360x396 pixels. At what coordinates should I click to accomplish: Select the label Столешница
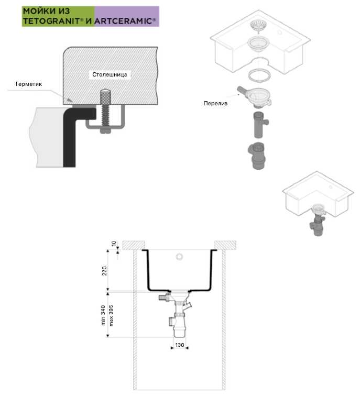pos(110,74)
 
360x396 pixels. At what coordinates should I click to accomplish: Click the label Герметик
pos(28,84)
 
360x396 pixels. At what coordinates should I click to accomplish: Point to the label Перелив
pos(215,103)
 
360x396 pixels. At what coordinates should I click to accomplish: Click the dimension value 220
pos(104,270)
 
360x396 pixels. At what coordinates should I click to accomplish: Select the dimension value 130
pos(179,345)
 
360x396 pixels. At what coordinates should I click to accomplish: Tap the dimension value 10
pos(113,244)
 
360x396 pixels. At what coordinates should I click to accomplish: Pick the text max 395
pos(110,315)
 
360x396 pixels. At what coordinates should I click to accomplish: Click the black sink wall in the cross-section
pos(69,141)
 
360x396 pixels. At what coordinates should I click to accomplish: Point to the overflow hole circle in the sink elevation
pos(179,257)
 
